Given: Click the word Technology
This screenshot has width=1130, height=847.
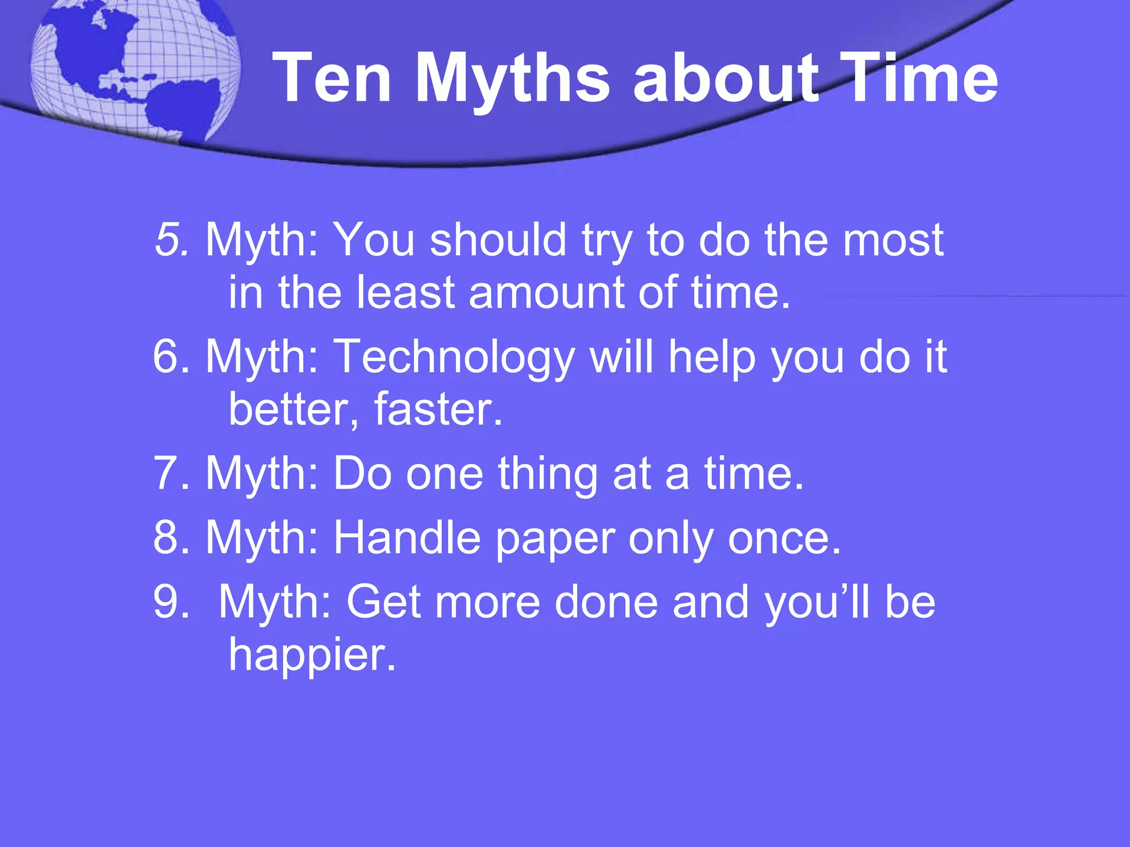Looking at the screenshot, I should coord(455,357).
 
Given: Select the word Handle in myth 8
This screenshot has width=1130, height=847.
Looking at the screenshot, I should coord(407,537).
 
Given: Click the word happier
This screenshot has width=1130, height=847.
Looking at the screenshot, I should coord(312,654).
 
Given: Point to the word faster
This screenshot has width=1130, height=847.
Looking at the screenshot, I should coord(438,409).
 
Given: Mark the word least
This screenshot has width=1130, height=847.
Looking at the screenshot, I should coord(406,292).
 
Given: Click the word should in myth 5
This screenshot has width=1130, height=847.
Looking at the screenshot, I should coord(498,240).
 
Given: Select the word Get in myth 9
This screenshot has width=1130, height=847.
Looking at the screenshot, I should coord(383,602).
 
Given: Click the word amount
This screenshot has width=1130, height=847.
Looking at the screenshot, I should coord(546,292).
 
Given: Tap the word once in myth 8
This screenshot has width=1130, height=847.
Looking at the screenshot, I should coord(783,537).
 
